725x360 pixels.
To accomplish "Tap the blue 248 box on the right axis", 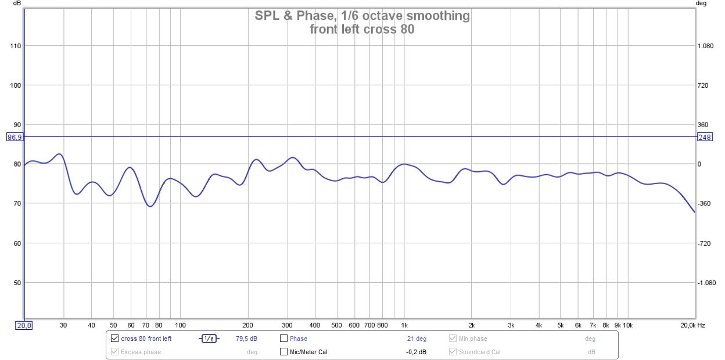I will (705, 137).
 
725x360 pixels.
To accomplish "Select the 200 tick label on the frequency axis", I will (248, 325).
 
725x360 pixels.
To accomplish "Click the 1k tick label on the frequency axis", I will (404, 325).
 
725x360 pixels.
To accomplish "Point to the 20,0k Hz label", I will (692, 325).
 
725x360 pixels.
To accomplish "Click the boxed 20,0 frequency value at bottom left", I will (23, 325).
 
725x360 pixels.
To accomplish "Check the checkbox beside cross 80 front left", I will (114, 339).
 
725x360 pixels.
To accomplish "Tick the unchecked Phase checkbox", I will (284, 339).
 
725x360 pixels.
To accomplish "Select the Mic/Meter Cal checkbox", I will (284, 351).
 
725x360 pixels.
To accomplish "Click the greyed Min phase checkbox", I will (453, 339).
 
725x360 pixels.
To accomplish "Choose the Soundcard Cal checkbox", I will (453, 351).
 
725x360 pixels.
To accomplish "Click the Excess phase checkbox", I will (114, 351).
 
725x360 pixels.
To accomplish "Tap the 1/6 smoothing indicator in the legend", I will (209, 339).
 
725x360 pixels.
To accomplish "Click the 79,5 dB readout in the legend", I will (247, 339).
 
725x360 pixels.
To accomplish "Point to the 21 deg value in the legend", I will (417, 339).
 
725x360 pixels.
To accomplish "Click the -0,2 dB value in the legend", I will (416, 351).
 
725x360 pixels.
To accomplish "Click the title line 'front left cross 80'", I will (362, 29).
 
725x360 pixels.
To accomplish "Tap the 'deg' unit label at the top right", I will (701, 4).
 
